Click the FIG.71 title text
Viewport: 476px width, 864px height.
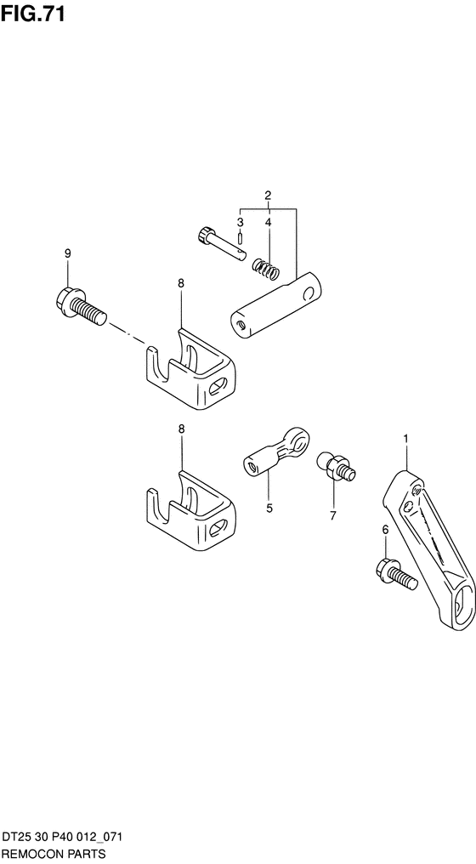coord(33,14)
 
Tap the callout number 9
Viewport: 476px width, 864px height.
coord(68,253)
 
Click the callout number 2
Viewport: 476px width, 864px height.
coord(269,195)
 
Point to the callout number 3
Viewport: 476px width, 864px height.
coord(241,222)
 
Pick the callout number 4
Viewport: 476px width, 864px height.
coord(269,222)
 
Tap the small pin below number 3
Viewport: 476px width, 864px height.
coord(241,239)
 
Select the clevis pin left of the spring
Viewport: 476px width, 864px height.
coord(219,244)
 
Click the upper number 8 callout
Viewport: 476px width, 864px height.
coord(181,283)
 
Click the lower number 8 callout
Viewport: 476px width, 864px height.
coord(181,428)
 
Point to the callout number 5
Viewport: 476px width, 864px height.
coord(269,508)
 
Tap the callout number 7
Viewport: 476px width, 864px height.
coord(332,515)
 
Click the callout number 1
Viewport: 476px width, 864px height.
coord(405,439)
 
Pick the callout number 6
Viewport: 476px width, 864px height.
coord(385,530)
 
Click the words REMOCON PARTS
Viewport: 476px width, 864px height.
coord(53,853)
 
